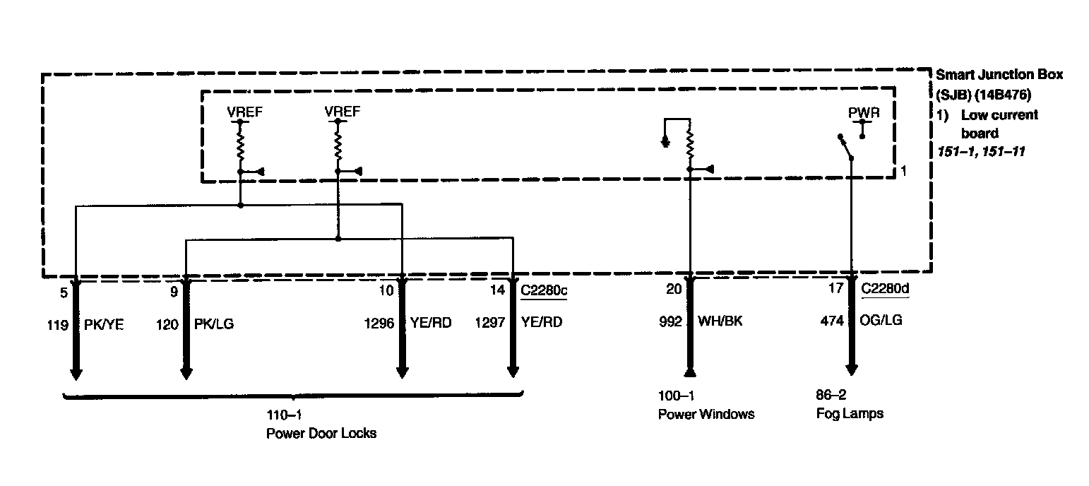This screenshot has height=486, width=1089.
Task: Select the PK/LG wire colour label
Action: coord(214,324)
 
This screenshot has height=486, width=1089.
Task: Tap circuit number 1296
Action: coord(379,323)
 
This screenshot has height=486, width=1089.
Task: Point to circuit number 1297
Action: coord(489,323)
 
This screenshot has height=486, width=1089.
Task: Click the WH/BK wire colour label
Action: coord(720,321)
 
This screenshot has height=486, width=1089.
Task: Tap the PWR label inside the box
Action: coord(864,113)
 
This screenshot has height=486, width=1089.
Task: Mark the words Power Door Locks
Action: coord(321,433)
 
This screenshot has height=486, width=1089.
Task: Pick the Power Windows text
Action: coord(706,414)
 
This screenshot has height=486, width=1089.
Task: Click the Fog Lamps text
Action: coord(849,413)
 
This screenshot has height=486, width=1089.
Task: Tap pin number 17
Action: coord(836,288)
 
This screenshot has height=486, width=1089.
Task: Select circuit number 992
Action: coord(670,321)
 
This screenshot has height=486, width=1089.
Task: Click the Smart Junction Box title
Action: coord(999,74)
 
